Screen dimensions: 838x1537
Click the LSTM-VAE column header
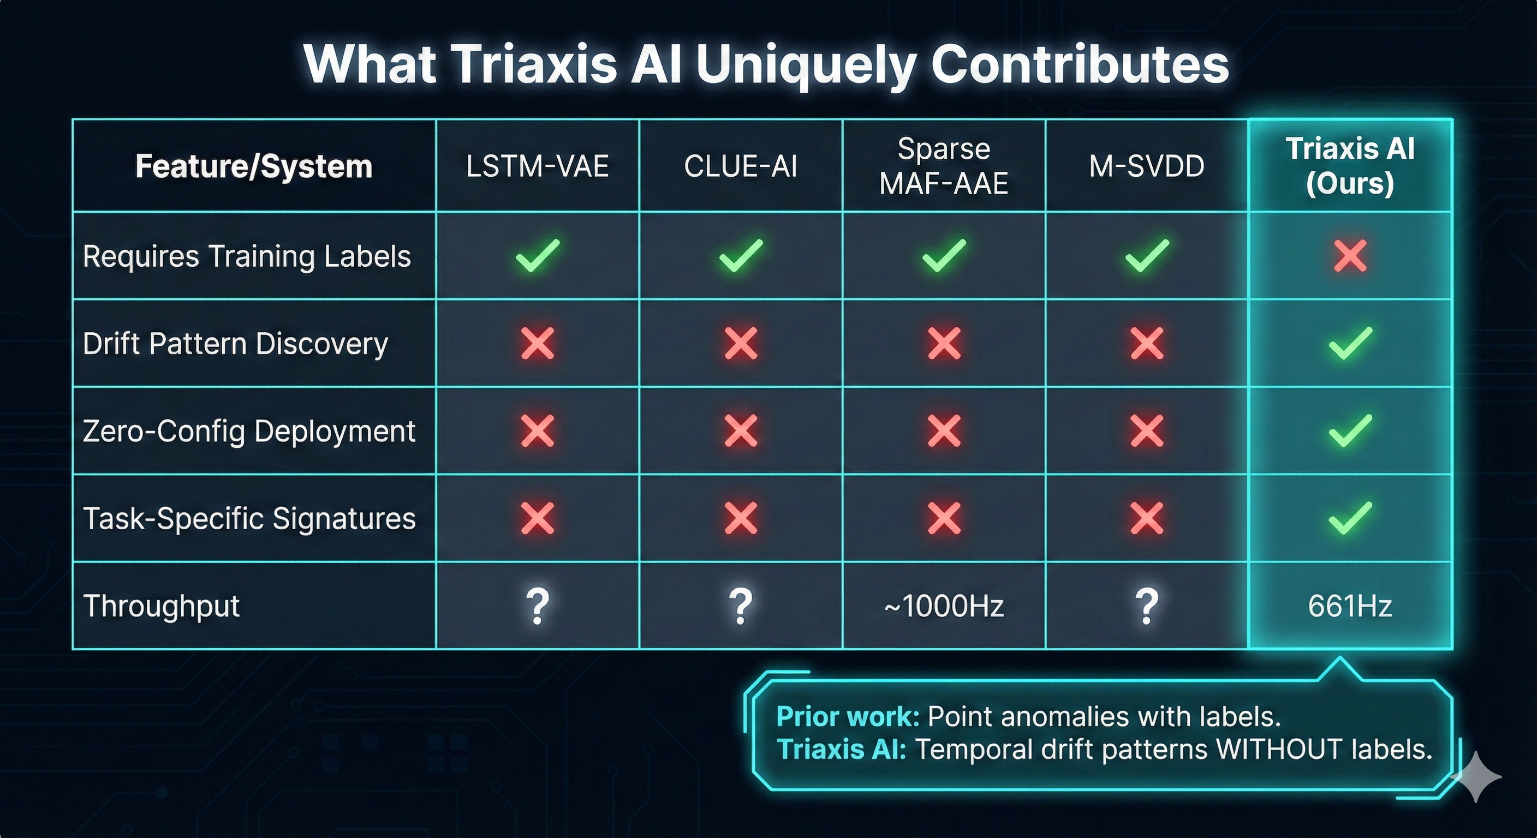tap(537, 166)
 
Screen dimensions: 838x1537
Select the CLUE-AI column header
tap(741, 166)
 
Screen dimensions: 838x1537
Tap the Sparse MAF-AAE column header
tap(943, 166)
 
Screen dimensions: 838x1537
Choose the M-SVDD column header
tap(1146, 166)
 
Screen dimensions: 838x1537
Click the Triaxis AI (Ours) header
tap(1350, 166)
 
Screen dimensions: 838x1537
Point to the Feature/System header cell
tap(254, 166)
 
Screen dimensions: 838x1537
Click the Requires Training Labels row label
tap(246, 256)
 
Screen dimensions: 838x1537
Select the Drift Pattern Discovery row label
tap(235, 344)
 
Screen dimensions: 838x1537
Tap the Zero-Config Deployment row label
tap(249, 430)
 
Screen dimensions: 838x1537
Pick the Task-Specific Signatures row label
tap(249, 518)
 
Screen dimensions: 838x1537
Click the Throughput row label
tap(161, 606)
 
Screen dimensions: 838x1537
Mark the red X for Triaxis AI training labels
tap(1350, 256)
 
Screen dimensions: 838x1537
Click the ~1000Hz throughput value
tap(943, 606)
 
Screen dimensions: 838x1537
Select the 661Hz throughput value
tap(1350, 606)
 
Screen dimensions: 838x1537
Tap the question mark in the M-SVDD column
tap(1146, 606)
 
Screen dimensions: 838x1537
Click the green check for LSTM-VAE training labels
tap(537, 255)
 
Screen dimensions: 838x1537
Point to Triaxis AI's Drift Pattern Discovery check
tap(1350, 344)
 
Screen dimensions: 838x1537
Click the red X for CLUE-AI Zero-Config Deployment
tap(741, 430)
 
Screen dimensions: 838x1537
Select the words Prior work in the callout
tap(847, 716)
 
